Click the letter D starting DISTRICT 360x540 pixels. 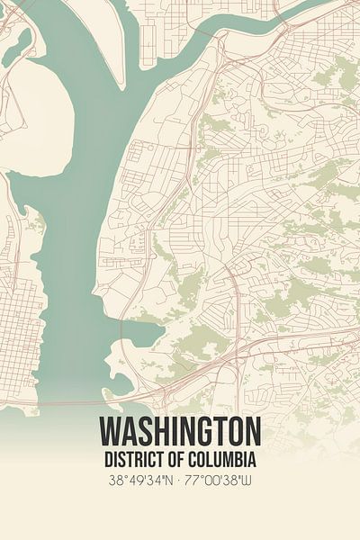click(x=107, y=459)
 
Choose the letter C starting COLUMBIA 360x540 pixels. click(x=200, y=459)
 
